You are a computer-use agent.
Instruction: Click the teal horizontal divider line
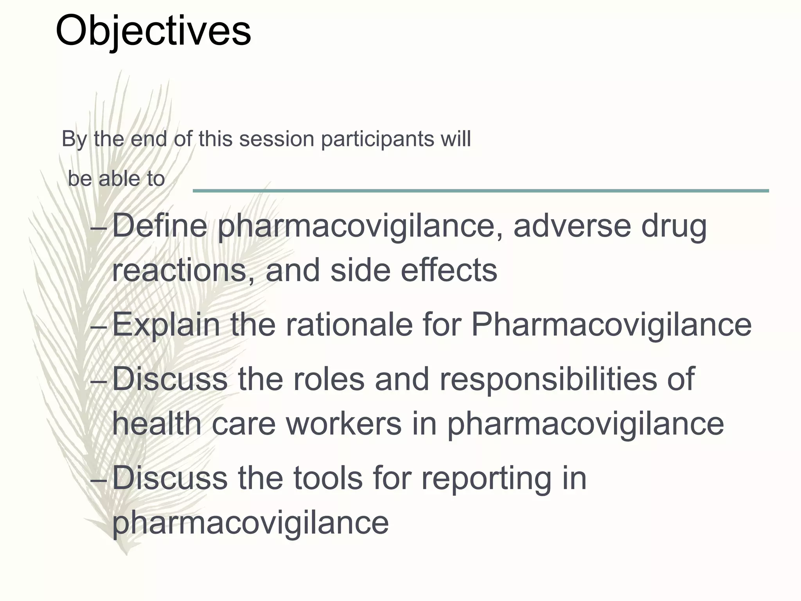pos(481,191)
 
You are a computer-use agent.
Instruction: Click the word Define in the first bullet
pos(160,226)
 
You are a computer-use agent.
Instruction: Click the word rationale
pos(349,325)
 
